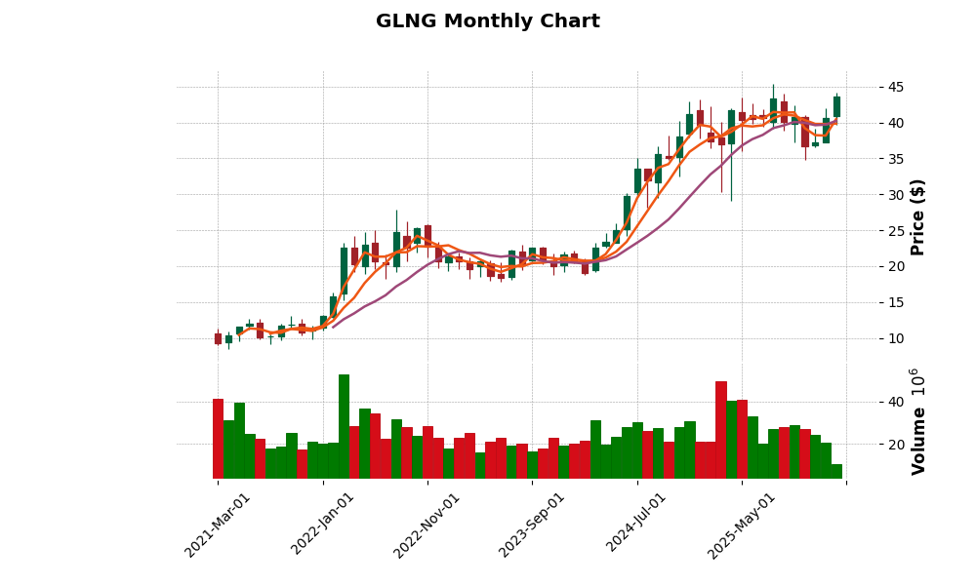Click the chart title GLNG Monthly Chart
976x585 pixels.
(487, 21)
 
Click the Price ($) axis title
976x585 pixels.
(917, 216)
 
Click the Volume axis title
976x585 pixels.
(917, 421)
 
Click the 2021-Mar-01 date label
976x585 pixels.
(217, 526)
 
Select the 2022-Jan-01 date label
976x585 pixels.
(322, 526)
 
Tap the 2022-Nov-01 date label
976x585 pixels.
(427, 526)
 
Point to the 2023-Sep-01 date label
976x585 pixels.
(532, 526)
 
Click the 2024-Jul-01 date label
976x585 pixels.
(636, 526)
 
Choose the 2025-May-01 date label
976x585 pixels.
(742, 526)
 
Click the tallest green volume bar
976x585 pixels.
(344, 427)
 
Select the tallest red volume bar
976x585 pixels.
(720, 430)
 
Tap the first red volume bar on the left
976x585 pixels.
(218, 439)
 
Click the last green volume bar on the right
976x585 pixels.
(836, 471)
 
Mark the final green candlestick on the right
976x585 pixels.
(836, 106)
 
